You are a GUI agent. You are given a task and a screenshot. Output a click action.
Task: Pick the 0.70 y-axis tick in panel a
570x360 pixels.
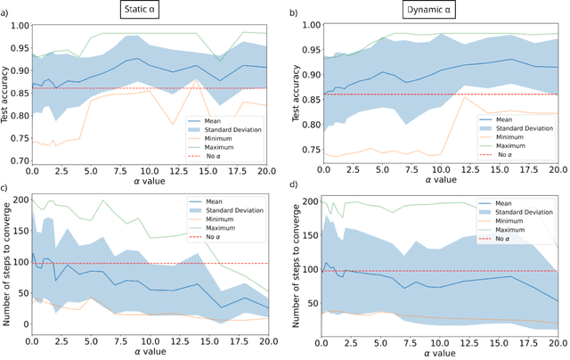[x=19, y=161]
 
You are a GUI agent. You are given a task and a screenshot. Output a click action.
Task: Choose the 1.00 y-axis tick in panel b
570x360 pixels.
[x=305, y=24]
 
